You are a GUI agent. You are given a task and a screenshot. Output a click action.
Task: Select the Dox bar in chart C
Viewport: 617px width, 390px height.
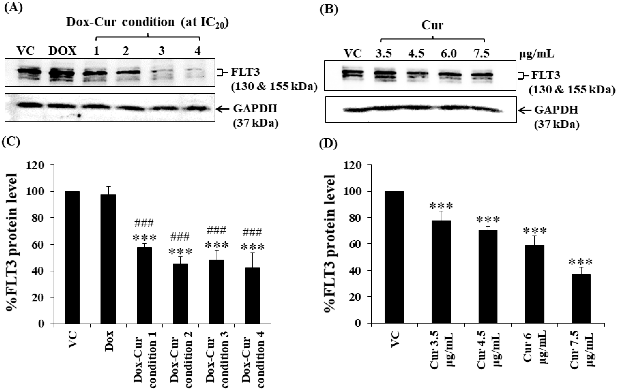108,259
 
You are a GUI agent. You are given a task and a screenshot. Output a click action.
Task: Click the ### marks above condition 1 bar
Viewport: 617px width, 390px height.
144,223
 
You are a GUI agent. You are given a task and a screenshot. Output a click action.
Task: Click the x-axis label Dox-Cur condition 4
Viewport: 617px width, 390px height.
254,359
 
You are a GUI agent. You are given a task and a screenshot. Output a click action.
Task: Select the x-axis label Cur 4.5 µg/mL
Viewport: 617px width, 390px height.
488,354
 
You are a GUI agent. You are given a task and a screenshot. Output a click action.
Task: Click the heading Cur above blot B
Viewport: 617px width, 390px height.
432,25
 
